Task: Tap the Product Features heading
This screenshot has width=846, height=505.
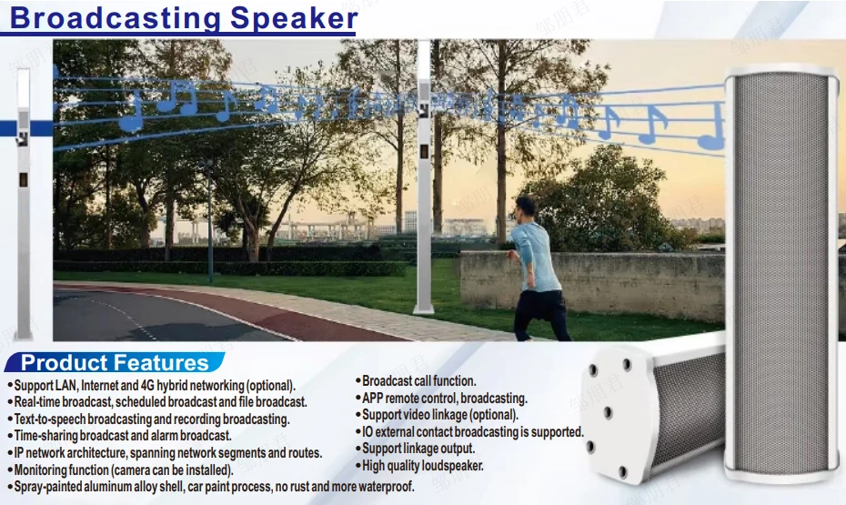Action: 115,363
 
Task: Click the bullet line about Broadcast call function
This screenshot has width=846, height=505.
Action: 418,380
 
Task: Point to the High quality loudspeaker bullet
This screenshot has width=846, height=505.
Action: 422,466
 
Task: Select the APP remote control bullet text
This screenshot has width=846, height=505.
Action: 444,398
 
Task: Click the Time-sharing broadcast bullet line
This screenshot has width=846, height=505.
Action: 122,436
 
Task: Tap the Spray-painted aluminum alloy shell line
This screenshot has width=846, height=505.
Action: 214,487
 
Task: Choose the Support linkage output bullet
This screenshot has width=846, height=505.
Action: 418,449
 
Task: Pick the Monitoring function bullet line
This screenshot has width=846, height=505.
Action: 124,470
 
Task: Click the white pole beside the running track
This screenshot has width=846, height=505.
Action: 422,182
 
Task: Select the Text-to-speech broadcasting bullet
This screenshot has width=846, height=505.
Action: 151,419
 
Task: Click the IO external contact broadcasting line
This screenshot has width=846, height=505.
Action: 472,432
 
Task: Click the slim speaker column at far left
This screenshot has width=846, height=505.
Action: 24,200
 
